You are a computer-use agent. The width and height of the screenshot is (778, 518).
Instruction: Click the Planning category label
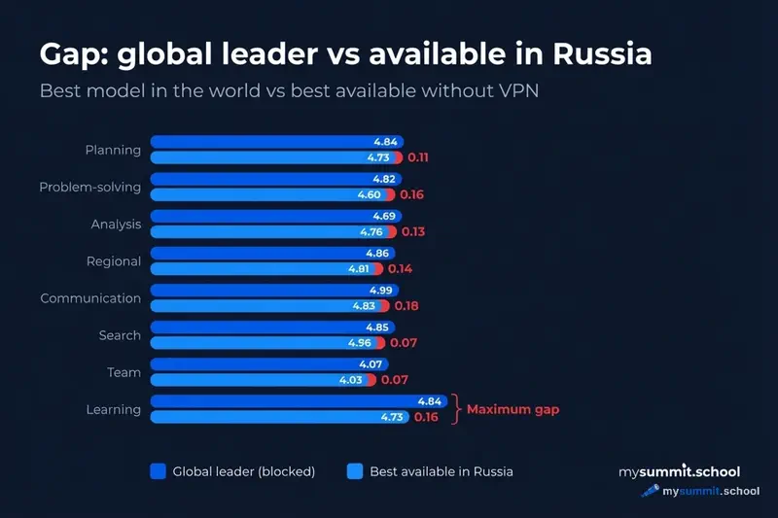pyautogui.click(x=113, y=150)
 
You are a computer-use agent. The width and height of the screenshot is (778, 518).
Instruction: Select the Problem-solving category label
pyautogui.click(x=90, y=187)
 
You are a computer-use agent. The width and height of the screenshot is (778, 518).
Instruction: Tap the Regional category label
pyautogui.click(x=115, y=261)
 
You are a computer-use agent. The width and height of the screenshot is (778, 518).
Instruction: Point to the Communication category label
pyautogui.click(x=90, y=298)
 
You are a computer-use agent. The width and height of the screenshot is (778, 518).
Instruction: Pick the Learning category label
pyautogui.click(x=114, y=409)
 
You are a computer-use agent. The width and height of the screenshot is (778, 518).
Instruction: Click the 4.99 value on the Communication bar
pyautogui.click(x=381, y=290)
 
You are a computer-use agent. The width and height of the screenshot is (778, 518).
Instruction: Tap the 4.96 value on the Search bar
pyautogui.click(x=359, y=342)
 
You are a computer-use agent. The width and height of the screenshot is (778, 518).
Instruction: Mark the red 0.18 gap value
pyautogui.click(x=406, y=305)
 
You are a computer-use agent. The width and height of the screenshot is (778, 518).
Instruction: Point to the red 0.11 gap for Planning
pyautogui.click(x=418, y=156)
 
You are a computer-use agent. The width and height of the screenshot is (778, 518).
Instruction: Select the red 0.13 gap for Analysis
pyautogui.click(x=412, y=231)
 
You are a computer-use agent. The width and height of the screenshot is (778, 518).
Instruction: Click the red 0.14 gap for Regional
pyautogui.click(x=401, y=268)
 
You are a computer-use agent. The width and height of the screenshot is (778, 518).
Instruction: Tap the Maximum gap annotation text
pyautogui.click(x=513, y=409)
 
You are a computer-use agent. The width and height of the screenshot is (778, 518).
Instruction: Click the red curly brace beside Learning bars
pyautogui.click(x=456, y=409)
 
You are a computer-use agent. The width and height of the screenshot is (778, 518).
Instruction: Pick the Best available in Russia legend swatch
pyautogui.click(x=355, y=471)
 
